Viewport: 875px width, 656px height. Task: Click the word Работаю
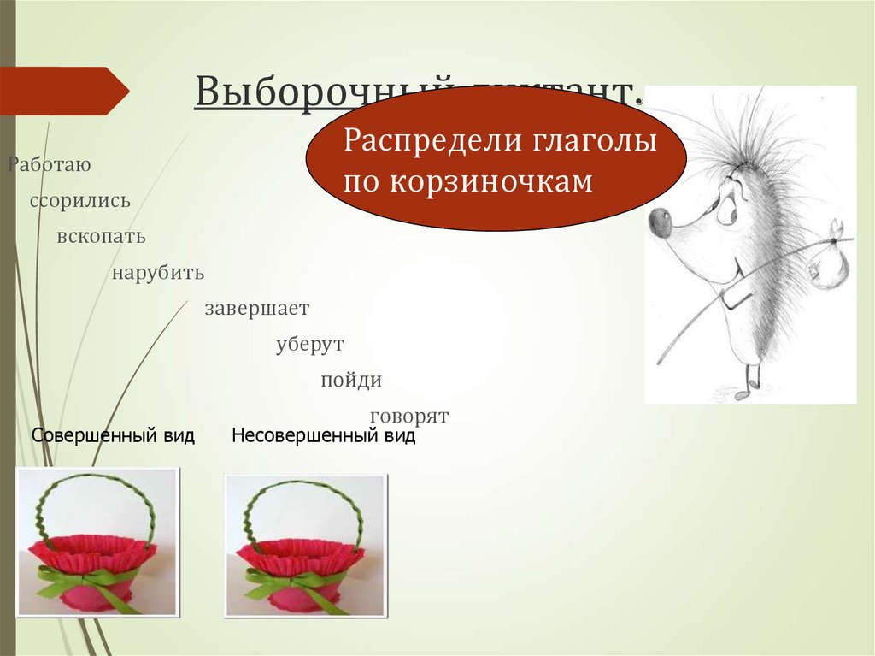49,164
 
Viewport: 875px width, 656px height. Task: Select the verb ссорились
80,201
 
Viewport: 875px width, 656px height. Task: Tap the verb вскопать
102,236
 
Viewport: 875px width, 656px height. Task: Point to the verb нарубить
157,273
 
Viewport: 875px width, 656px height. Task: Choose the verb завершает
256,308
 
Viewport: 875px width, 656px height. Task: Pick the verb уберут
309,344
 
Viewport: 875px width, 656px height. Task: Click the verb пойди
351,380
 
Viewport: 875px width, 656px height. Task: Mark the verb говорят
409,416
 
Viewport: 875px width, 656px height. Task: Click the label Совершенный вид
113,436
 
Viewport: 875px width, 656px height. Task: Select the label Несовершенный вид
323,436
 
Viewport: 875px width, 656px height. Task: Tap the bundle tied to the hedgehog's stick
826,261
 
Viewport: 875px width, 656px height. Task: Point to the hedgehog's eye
727,210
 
